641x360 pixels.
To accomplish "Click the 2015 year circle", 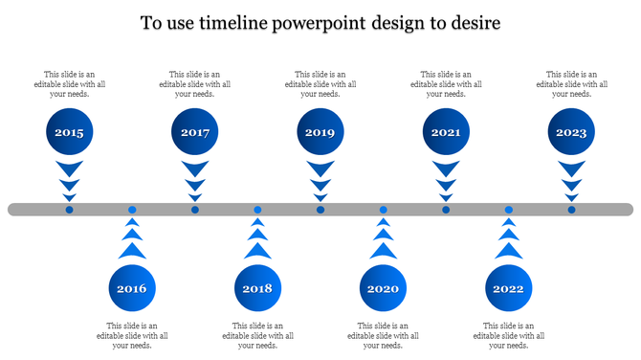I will point(69,133).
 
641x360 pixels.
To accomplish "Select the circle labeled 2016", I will point(132,288).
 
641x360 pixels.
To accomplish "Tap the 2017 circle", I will point(195,133).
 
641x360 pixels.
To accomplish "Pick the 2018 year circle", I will point(257,288).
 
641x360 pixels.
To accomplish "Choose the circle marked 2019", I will point(320,133).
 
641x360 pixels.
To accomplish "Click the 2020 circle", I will point(383,288).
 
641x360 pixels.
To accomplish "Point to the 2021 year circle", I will point(446,133).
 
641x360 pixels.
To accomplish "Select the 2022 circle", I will point(508,288).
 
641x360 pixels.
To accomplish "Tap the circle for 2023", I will point(571,133).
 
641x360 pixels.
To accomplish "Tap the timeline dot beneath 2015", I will point(69,210).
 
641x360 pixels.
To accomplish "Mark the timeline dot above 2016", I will point(132,210).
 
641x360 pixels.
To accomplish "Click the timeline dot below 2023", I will point(571,210).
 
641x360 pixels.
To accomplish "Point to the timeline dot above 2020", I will point(383,210).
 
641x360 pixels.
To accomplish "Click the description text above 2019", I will point(320,84).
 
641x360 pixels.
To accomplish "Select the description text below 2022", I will point(508,335).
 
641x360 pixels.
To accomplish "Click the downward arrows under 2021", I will point(446,180).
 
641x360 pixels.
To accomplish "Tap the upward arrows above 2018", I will point(257,239).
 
